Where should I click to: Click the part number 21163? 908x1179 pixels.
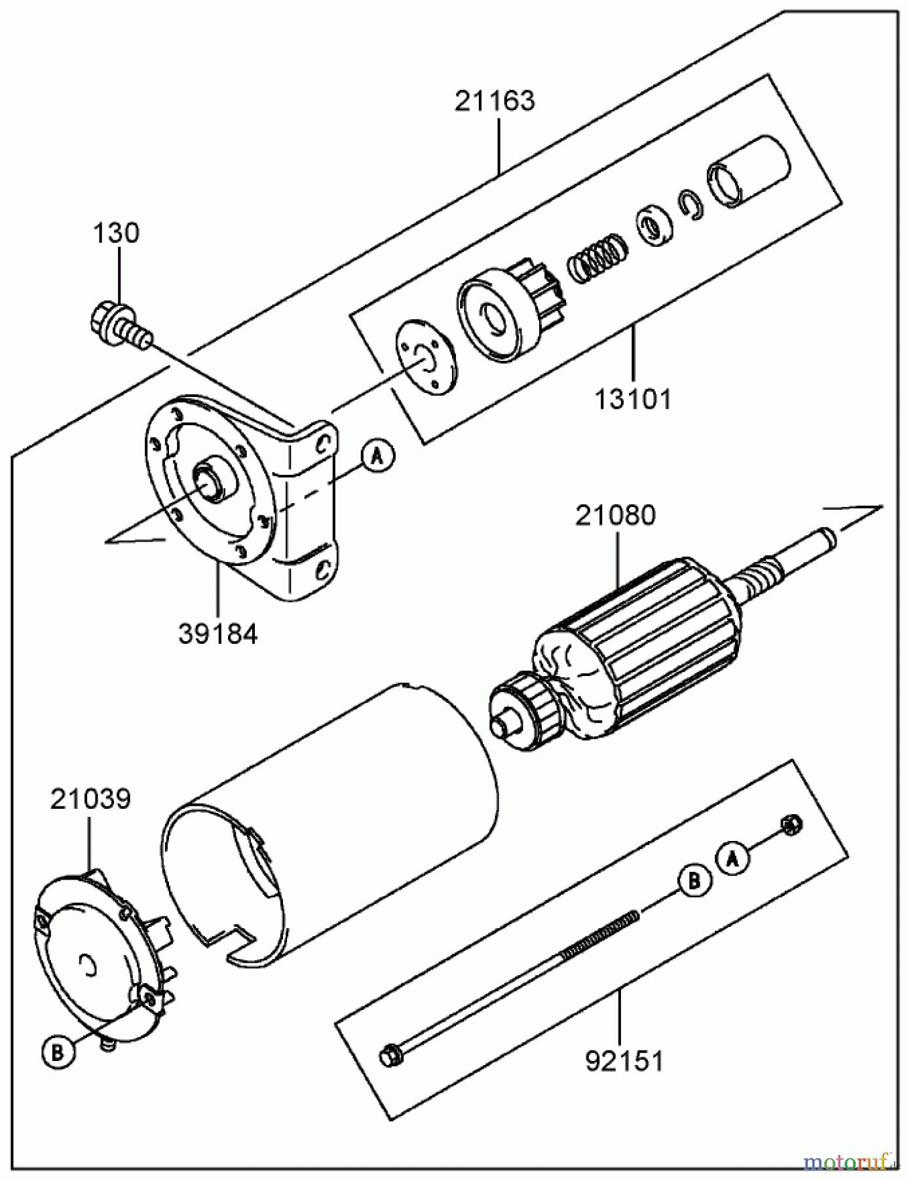pos(495,101)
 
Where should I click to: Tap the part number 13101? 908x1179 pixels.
pos(633,398)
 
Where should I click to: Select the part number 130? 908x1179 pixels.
pos(115,233)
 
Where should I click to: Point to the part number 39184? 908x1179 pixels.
pos(218,633)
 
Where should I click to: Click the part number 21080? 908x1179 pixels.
pos(615,515)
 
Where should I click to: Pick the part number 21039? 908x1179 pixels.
pos(90,799)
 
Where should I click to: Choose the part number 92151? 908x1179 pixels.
pos(624,1061)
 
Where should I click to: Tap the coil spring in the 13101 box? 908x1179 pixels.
pos(597,257)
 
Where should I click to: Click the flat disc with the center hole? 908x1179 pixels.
pos(426,357)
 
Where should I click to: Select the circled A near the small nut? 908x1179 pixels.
pos(733,858)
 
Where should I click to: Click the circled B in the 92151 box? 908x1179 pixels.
pos(694,882)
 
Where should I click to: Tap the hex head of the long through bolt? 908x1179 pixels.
pos(388,1055)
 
